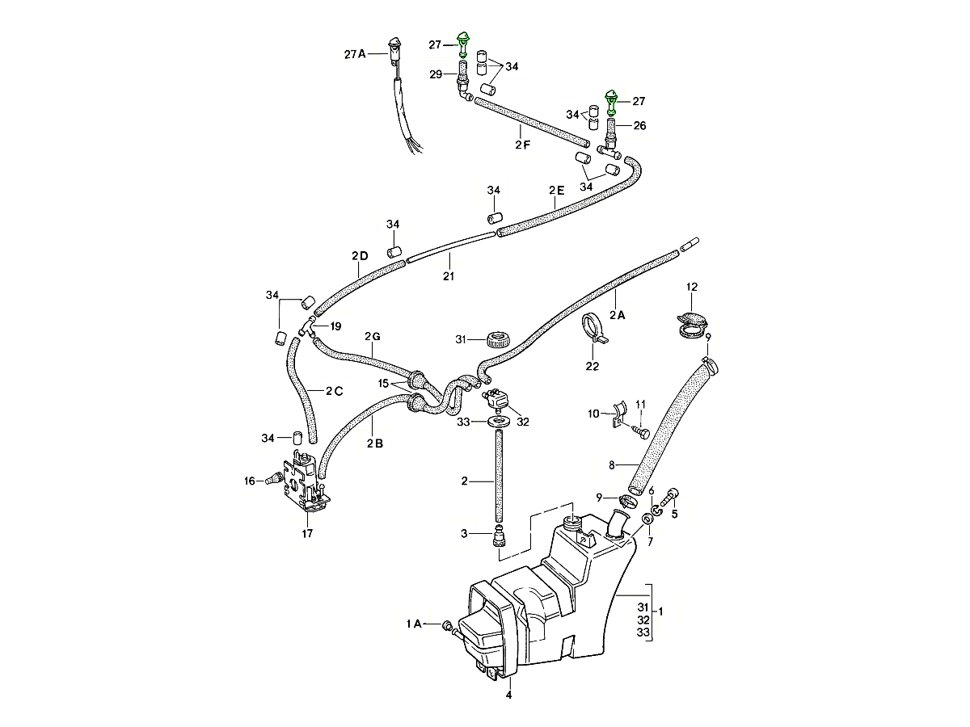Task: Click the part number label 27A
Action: tap(355, 54)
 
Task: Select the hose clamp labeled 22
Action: tap(594, 330)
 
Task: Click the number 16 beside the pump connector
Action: tap(249, 481)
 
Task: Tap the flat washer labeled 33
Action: tap(496, 422)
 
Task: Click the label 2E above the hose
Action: tap(556, 191)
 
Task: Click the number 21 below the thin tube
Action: tap(448, 276)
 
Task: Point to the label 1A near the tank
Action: tap(414, 624)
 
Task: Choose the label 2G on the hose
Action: tap(372, 336)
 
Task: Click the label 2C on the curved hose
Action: tap(335, 391)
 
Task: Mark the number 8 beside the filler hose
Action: tap(612, 464)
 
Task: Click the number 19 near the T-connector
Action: tap(335, 326)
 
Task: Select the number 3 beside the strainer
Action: tap(464, 532)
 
